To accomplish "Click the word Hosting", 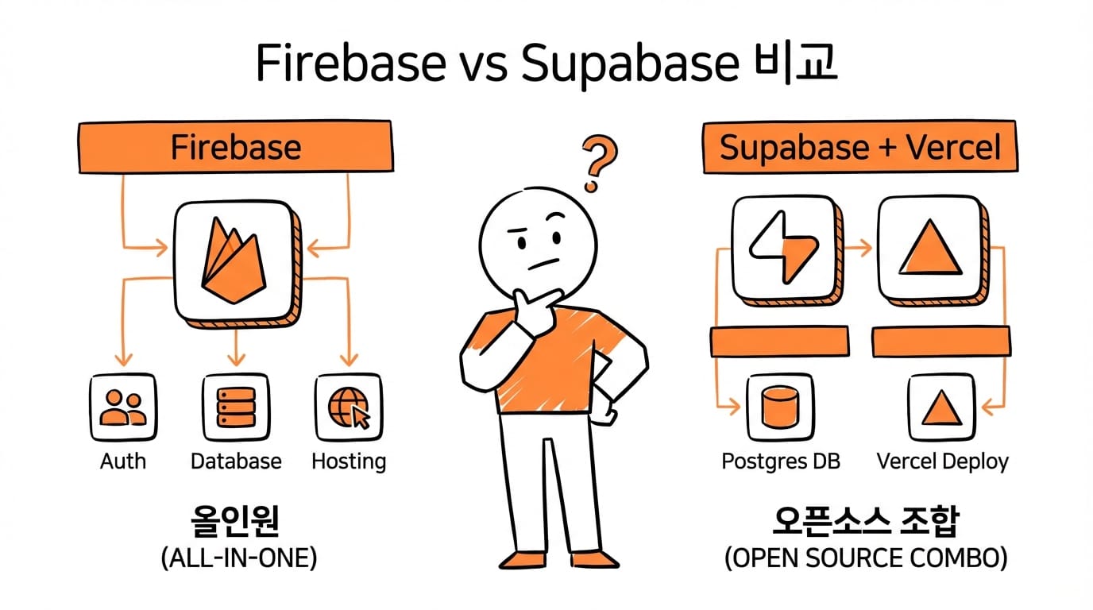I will pyautogui.click(x=349, y=461).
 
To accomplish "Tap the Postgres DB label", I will pyautogui.click(x=781, y=461).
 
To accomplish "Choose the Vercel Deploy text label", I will pyautogui.click(x=942, y=461).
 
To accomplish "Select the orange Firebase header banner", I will pyautogui.click(x=236, y=147).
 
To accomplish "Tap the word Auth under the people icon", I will pyautogui.click(x=123, y=461).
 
